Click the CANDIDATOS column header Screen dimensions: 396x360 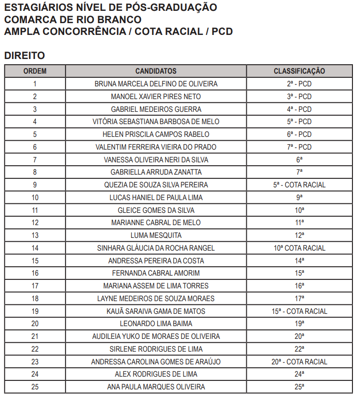tap(156, 71)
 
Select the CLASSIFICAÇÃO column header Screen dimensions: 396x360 tap(299, 71)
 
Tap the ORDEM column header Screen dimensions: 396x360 tap(35, 71)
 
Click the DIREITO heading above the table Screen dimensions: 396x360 tap(25, 56)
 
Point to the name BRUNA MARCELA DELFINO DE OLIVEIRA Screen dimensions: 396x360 tap(156, 84)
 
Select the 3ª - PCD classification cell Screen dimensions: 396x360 tap(299, 97)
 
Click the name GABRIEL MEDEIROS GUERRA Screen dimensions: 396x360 tap(156, 109)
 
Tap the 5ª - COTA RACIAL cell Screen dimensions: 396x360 tap(299, 185)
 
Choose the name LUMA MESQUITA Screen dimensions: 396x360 tap(156, 236)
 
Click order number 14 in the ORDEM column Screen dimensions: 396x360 tap(35, 248)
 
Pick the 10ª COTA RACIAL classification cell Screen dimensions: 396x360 tap(299, 248)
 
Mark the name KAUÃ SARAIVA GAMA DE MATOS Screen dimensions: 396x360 tap(156, 312)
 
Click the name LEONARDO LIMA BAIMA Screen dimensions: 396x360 tap(156, 324)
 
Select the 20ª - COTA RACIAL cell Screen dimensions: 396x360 tap(299, 362)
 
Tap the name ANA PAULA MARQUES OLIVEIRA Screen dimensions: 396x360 tap(156, 387)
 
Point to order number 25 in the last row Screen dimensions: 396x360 tap(35, 387)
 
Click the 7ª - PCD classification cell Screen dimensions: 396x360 tap(299, 147)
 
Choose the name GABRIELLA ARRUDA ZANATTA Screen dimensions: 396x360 tap(156, 172)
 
